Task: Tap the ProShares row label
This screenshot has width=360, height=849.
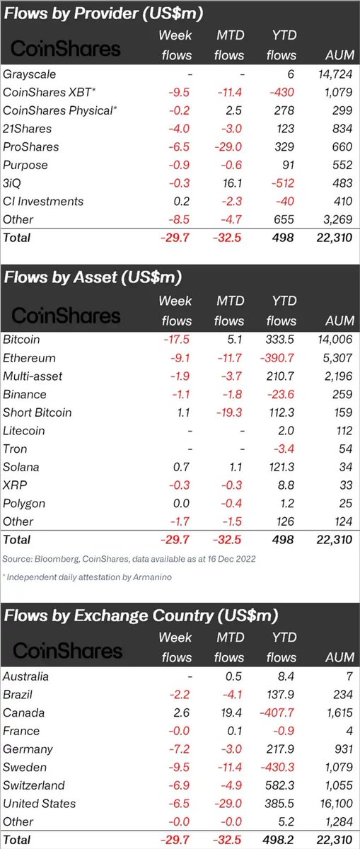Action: pyautogui.click(x=31, y=147)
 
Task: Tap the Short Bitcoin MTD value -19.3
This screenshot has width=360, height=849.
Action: pyautogui.click(x=231, y=412)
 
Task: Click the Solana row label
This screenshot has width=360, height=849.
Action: pyautogui.click(x=21, y=467)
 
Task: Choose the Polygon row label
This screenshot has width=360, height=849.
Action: pyautogui.click(x=24, y=503)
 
